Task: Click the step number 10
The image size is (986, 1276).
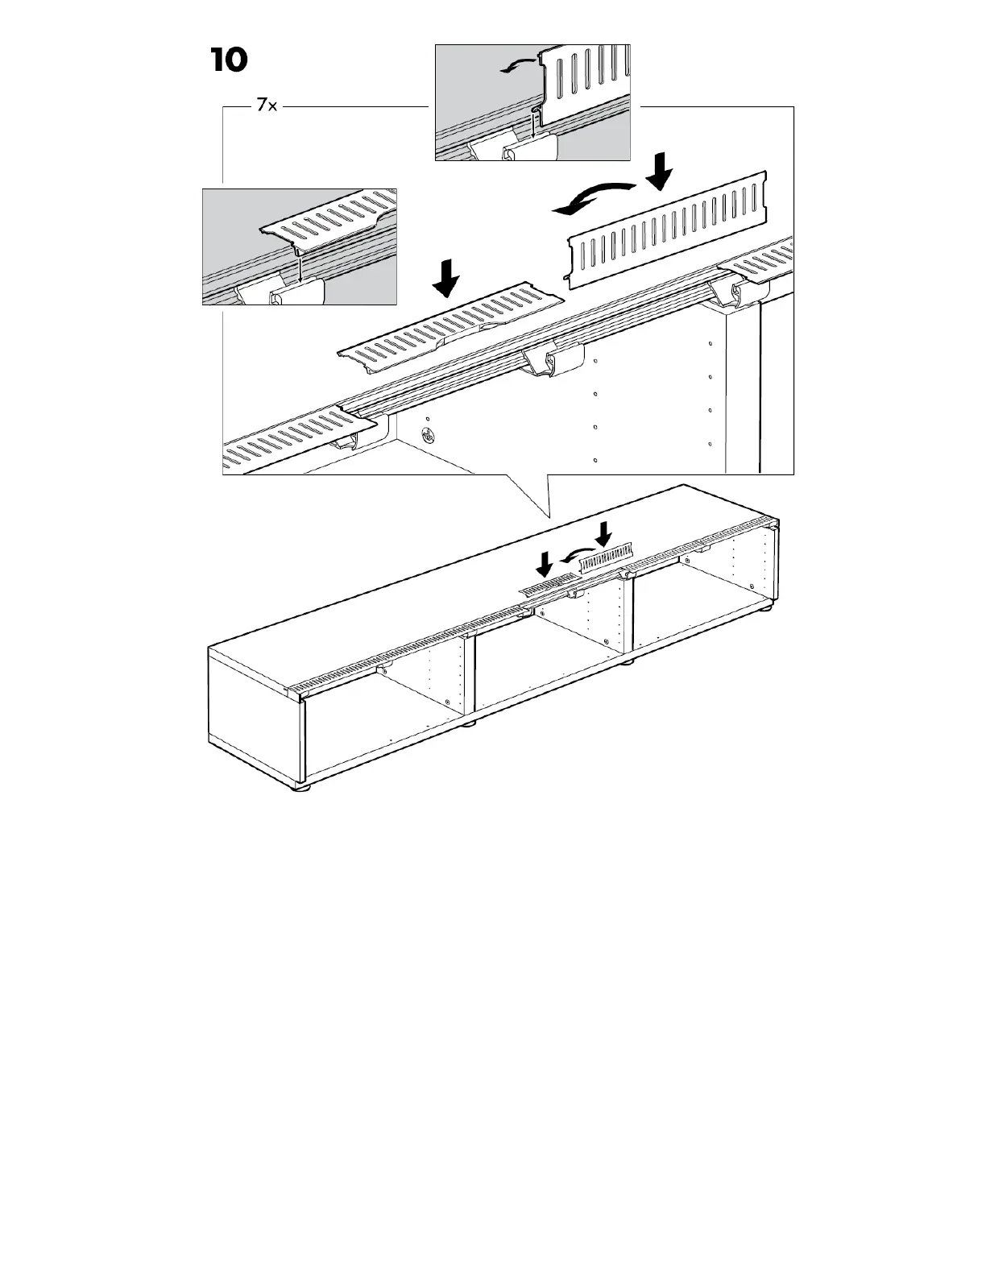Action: pos(230,60)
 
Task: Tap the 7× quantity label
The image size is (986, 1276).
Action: pos(267,106)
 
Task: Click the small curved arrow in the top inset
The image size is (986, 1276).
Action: pos(516,65)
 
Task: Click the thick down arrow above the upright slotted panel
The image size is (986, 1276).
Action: pos(661,170)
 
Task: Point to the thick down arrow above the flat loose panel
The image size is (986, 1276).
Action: pos(445,280)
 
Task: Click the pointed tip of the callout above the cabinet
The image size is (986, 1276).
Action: pos(546,516)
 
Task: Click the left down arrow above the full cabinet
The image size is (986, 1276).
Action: pos(545,563)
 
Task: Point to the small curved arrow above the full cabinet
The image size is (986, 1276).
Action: pos(574,555)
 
